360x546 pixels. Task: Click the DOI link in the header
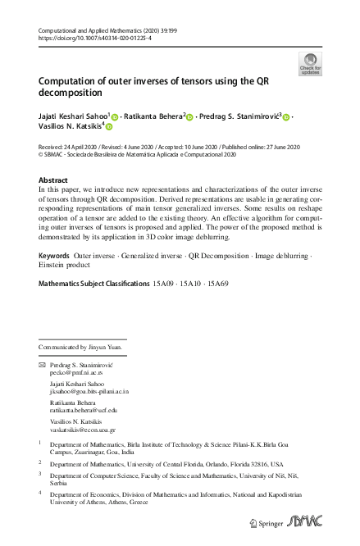tap(97, 39)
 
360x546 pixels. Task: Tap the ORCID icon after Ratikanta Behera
tap(189, 117)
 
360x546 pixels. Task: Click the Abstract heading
tap(53, 180)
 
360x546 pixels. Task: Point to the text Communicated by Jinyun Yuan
tap(80, 347)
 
